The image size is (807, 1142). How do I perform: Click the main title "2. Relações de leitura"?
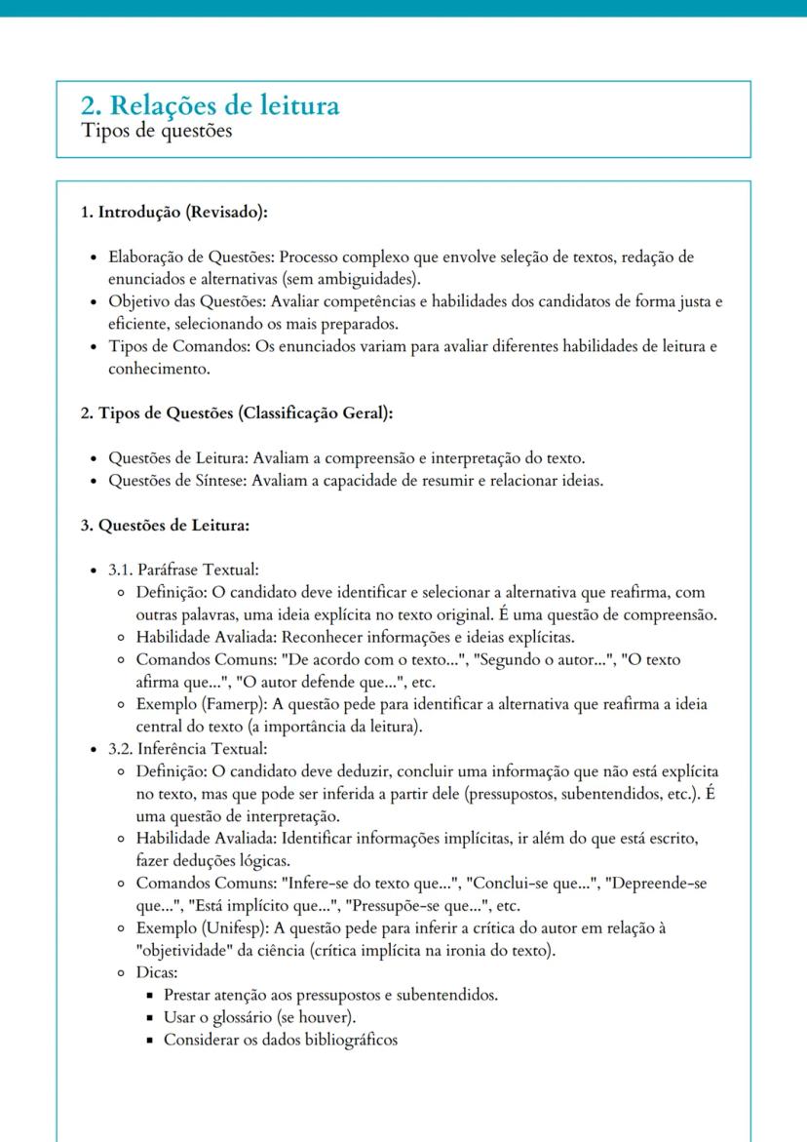(x=210, y=105)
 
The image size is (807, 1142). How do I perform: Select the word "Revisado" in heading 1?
(x=223, y=212)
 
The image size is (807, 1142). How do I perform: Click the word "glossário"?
(x=236, y=1018)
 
